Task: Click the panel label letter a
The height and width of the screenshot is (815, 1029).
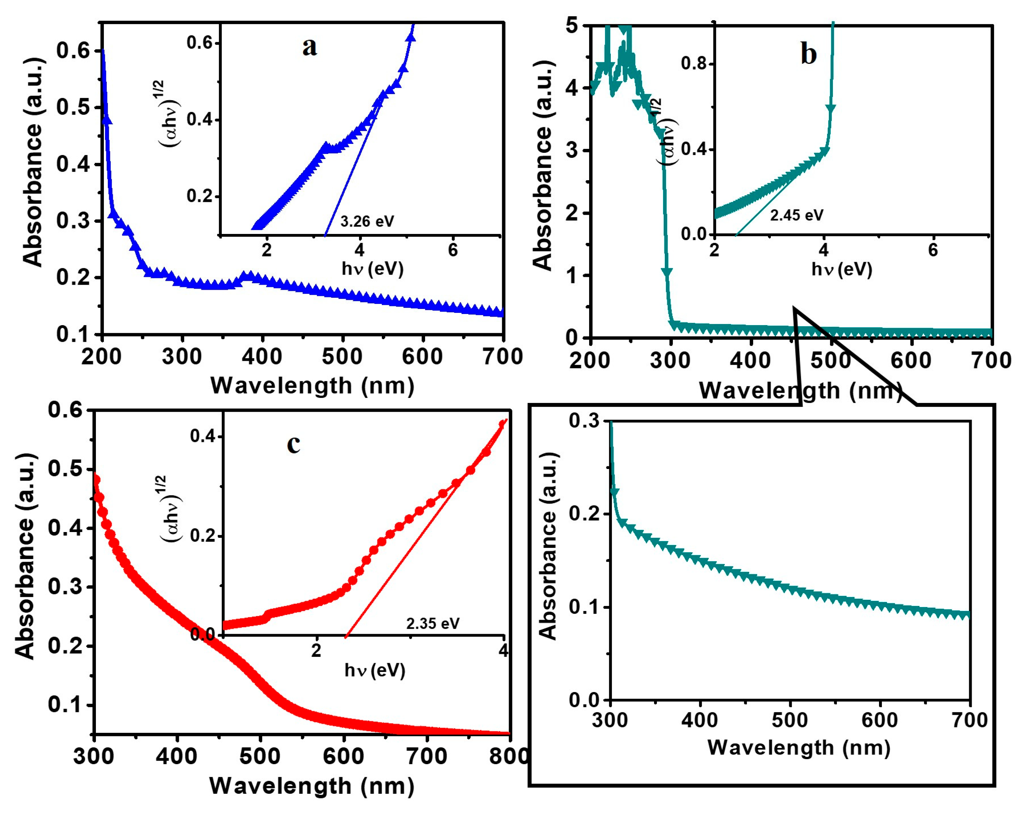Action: (309, 47)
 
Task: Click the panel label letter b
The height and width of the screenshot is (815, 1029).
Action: (808, 54)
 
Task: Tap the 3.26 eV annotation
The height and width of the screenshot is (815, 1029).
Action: (367, 221)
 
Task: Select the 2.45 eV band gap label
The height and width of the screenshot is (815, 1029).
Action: (796, 215)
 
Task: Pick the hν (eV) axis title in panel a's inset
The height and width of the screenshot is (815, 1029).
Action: (372, 269)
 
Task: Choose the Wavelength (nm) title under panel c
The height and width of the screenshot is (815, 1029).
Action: (312, 786)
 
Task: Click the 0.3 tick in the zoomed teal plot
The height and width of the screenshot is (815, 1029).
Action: (584, 421)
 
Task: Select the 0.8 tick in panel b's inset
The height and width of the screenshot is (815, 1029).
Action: (693, 63)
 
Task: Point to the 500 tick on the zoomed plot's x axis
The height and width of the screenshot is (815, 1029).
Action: (790, 719)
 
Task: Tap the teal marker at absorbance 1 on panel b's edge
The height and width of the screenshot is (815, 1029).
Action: (667, 272)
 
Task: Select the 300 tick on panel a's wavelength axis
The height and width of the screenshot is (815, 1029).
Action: (182, 357)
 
